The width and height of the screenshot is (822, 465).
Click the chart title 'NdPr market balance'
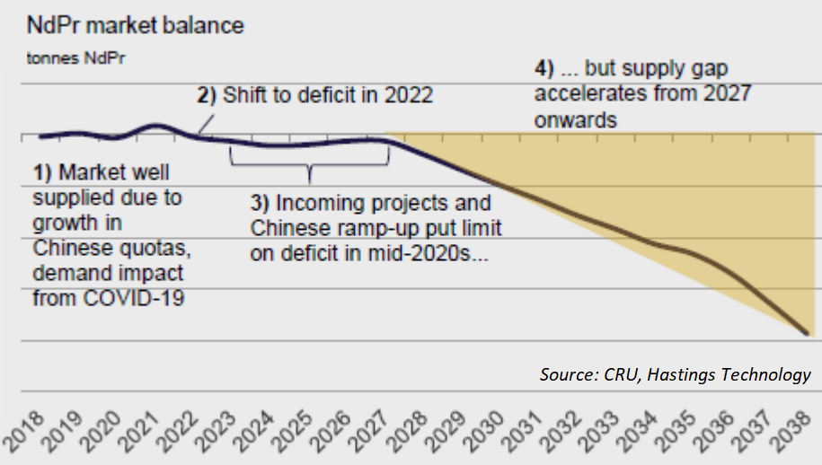click(x=136, y=26)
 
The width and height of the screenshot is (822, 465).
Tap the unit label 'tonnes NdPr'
click(x=76, y=58)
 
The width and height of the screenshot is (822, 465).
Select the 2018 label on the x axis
click(x=23, y=432)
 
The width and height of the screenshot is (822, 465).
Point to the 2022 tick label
click(x=178, y=432)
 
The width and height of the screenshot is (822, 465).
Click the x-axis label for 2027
click(x=370, y=432)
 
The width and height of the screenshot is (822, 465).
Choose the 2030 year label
click(x=485, y=432)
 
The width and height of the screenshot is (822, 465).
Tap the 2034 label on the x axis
click(x=639, y=432)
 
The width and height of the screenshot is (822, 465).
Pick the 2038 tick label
click(x=792, y=432)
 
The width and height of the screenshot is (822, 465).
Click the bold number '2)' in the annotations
click(x=207, y=96)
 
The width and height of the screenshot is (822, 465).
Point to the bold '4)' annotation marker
click(x=544, y=69)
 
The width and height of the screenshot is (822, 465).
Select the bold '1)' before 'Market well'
click(x=42, y=172)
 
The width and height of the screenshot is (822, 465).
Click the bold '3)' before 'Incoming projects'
click(x=260, y=203)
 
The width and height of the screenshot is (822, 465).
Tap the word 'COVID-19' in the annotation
click(x=134, y=298)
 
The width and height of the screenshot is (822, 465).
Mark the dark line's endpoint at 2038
click(x=808, y=333)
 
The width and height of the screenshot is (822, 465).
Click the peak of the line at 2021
click(x=156, y=126)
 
